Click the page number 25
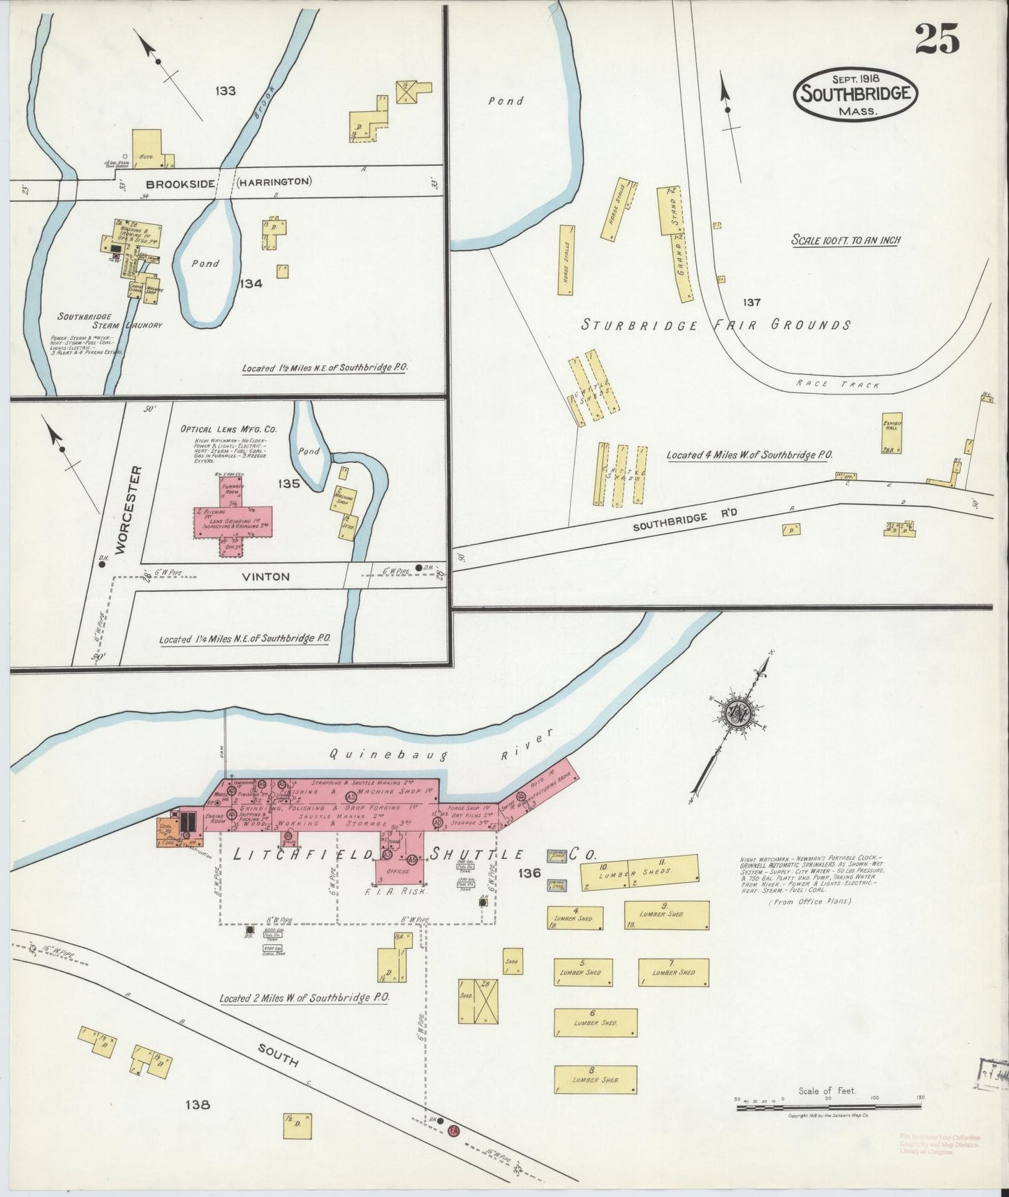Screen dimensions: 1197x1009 pos(936,38)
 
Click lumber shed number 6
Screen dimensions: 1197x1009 pos(596,1022)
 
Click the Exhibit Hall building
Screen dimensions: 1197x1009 pos(892,433)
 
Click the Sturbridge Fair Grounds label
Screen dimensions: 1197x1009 pos(716,325)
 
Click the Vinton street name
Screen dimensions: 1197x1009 pos(265,577)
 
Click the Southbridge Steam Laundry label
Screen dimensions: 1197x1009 pos(110,321)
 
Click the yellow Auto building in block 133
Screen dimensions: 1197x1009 pos(148,148)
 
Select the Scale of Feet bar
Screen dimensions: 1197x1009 pos(827,1106)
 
